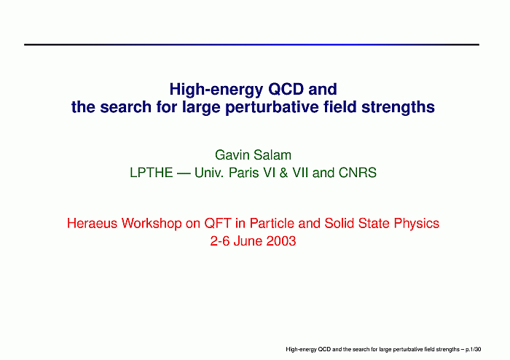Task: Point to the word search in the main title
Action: (x=125, y=107)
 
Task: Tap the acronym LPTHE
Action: (x=152, y=173)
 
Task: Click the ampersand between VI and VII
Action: (x=283, y=173)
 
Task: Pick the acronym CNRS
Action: (x=358, y=173)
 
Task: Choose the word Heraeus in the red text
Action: (x=92, y=224)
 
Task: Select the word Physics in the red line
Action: (x=417, y=224)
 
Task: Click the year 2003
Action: (x=281, y=241)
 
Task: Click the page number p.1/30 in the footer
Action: (x=474, y=350)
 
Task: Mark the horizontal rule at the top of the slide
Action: (x=251, y=44)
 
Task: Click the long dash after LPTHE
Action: (x=184, y=173)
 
